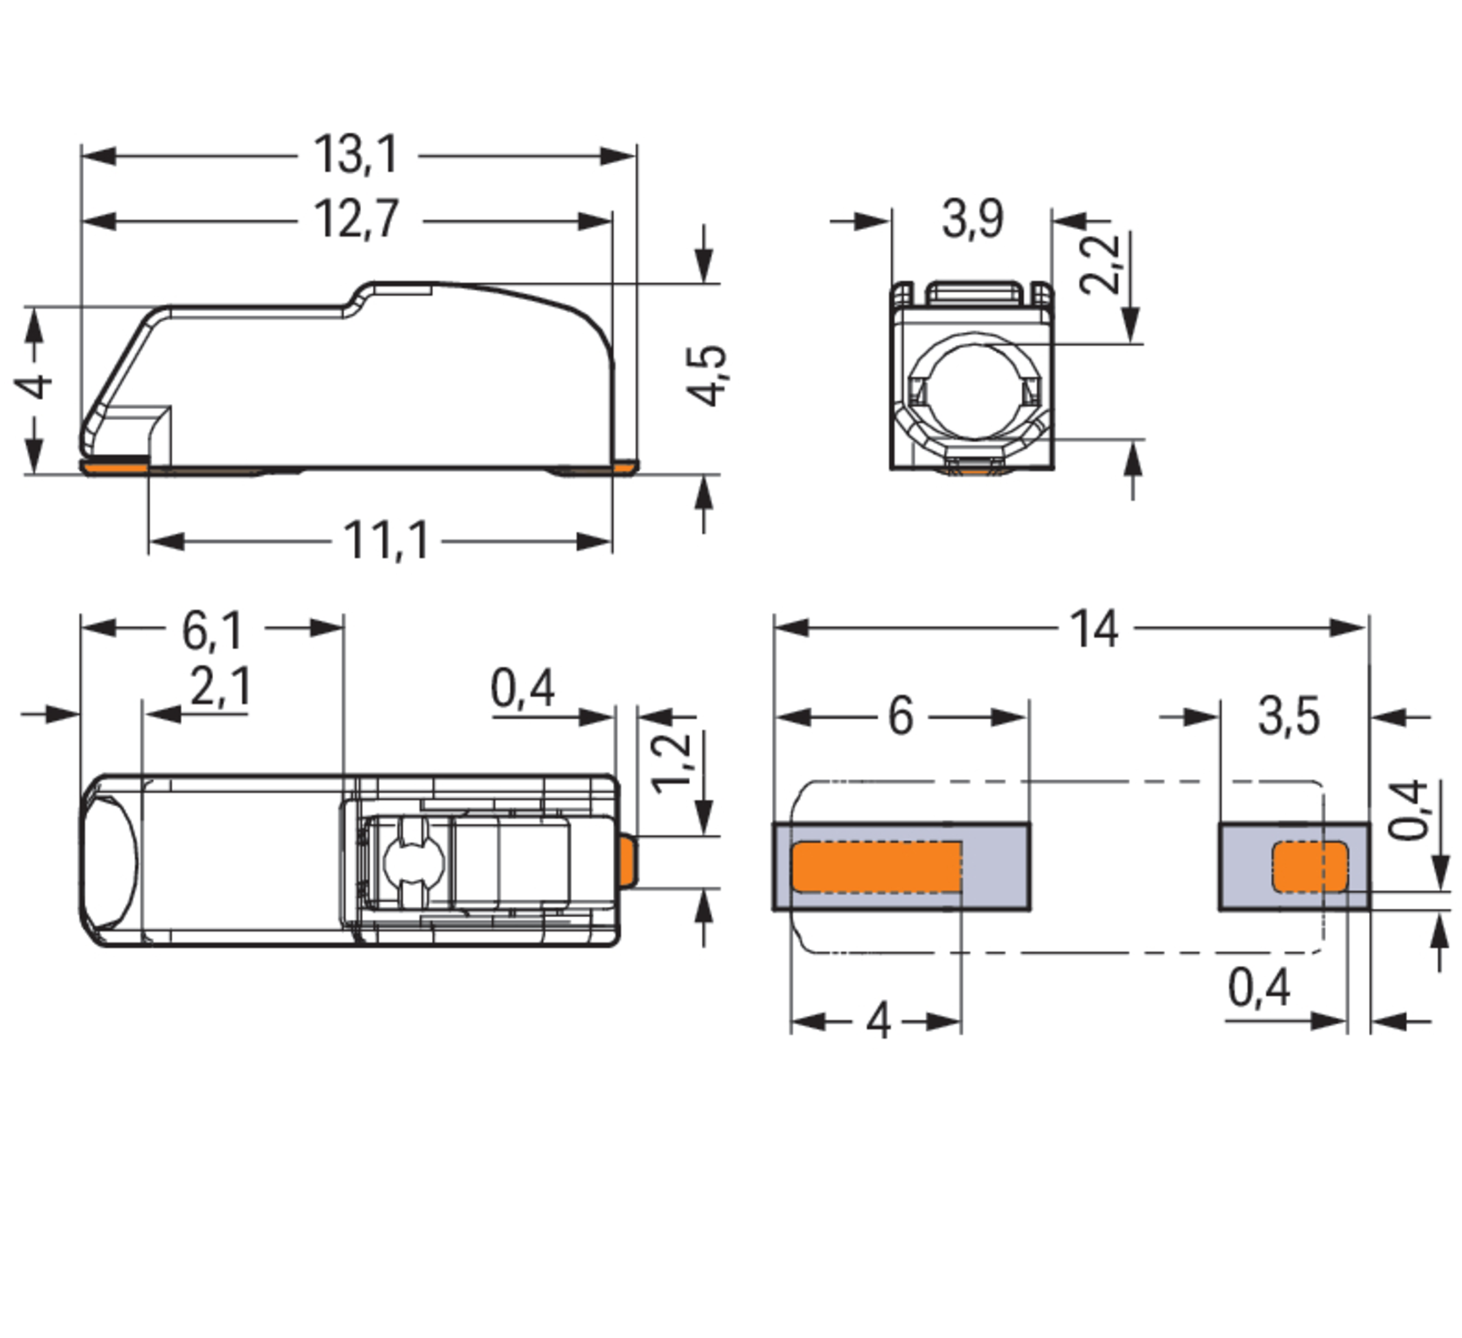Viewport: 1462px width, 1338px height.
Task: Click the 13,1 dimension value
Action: point(356,155)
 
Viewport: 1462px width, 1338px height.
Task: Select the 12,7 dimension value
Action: point(356,219)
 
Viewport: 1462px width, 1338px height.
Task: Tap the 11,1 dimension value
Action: point(386,541)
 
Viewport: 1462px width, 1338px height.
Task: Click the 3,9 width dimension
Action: point(972,219)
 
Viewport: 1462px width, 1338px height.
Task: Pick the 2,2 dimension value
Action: point(1100,264)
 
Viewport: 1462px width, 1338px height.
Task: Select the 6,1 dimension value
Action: point(213,630)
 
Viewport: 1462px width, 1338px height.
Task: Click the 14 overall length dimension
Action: point(1095,629)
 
